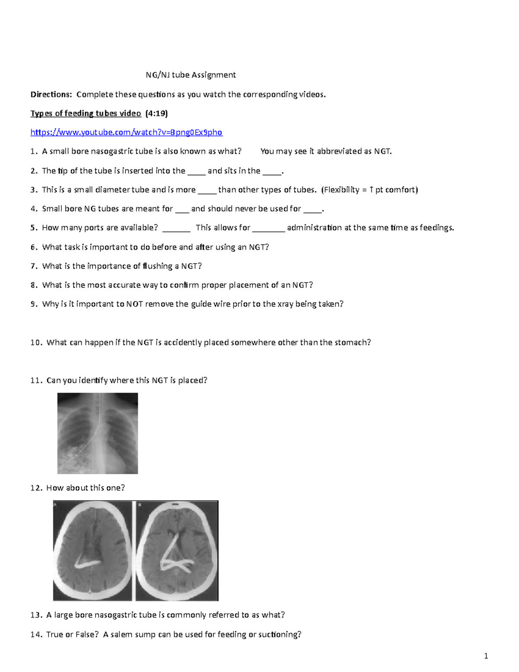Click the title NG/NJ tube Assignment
click(x=191, y=75)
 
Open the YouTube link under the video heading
click(x=126, y=132)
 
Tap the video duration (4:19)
click(x=156, y=113)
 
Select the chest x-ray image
click(x=98, y=433)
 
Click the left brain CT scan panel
click(x=93, y=551)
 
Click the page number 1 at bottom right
click(x=486, y=656)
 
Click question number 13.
click(x=36, y=615)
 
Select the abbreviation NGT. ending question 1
click(x=383, y=151)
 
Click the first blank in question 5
click(x=176, y=228)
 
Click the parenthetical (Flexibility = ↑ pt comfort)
click(x=369, y=190)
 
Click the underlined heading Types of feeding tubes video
click(x=86, y=113)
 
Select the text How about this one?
click(x=85, y=488)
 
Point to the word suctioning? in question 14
click(x=280, y=634)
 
